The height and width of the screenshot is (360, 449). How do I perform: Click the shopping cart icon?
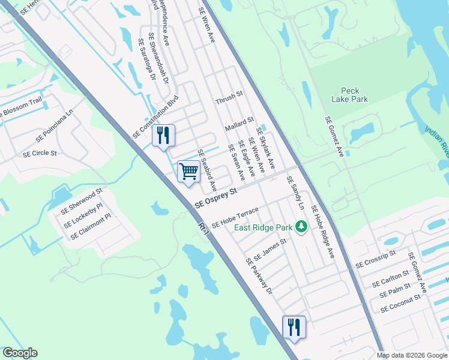coord(188,172)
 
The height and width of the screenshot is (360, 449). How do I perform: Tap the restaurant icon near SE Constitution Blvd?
coord(163,135)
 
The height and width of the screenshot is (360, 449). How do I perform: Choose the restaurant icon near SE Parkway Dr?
coord(294,327)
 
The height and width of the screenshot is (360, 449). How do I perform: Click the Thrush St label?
coord(229,95)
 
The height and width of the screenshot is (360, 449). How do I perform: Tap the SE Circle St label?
coord(40,154)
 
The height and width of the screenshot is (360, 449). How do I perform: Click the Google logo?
coord(20,353)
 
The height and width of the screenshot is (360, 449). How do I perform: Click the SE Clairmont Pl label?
coord(95,229)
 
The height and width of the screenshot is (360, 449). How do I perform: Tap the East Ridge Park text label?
coord(263,227)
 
